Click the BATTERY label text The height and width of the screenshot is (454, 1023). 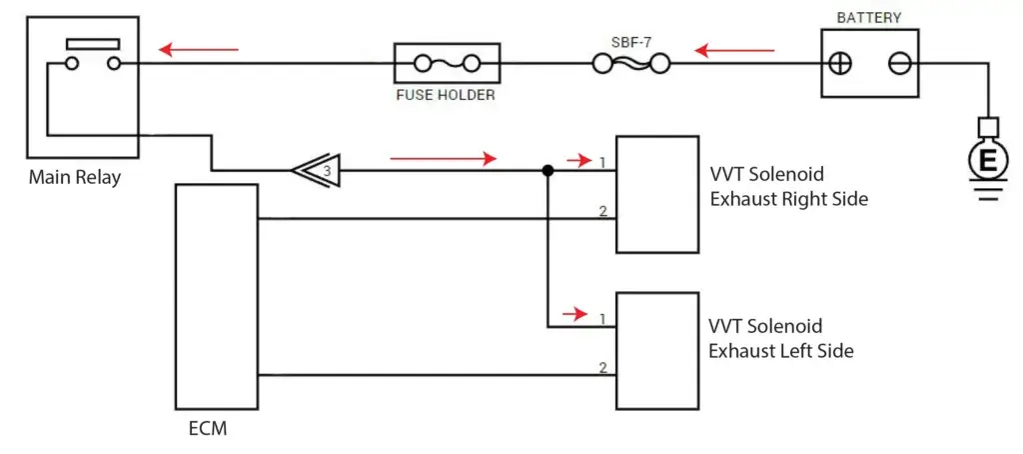868,17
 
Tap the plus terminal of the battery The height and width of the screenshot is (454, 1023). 841,63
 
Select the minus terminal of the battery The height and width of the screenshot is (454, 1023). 898,63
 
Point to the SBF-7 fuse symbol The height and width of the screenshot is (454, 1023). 630,64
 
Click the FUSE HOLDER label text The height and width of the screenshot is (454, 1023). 447,96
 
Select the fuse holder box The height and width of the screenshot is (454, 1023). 447,64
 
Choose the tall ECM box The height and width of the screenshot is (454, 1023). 217,296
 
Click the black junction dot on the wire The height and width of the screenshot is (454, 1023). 547,171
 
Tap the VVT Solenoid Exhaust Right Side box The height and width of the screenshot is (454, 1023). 656,193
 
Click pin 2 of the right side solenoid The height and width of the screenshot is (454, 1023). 602,210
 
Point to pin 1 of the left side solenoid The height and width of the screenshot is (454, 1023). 602,319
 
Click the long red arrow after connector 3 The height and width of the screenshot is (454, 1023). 443,158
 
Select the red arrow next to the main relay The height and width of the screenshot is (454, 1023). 199,48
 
